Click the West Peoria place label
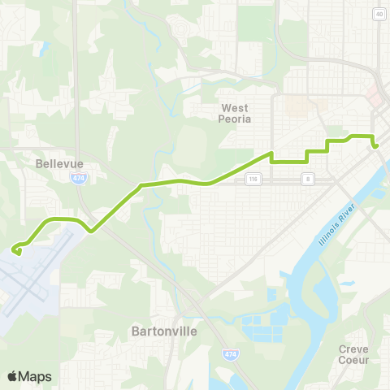236,112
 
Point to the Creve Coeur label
353,354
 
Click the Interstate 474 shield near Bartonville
229,355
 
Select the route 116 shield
253,178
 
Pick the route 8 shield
308,178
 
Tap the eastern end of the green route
376,146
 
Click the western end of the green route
14,250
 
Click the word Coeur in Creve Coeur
353,360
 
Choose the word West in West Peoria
236,106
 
